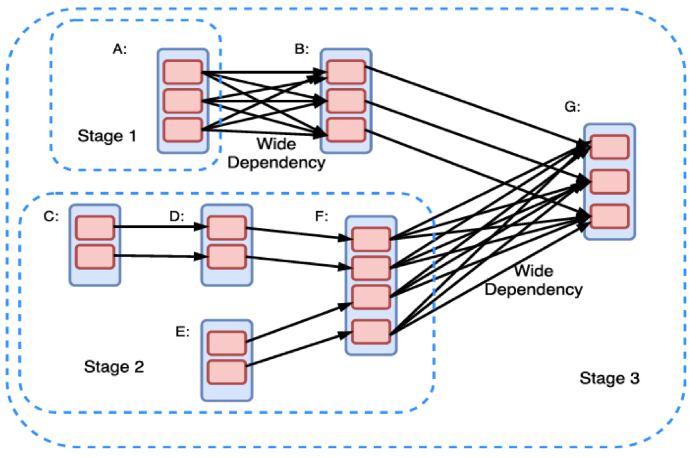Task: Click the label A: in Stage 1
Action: (119, 51)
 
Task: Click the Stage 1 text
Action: (107, 136)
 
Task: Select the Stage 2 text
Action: (114, 366)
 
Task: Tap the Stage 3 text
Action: (610, 378)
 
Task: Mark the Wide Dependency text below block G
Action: (534, 280)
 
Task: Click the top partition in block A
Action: (182, 72)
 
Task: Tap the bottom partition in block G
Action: (609, 215)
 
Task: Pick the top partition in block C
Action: (94, 227)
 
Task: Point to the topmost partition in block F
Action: (371, 239)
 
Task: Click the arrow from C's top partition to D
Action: (159, 227)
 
